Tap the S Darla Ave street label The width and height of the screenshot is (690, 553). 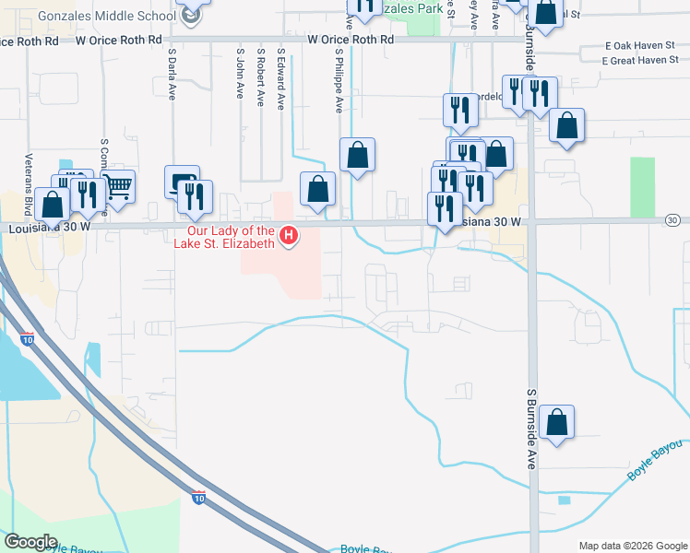pos(171,75)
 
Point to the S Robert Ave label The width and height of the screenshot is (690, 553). pos(261,78)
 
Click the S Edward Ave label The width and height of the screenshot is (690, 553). pos(281,78)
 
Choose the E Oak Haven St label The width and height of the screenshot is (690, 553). pos(641,45)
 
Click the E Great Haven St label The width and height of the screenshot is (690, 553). pos(639,60)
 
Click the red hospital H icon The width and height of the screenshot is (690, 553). pos(290,237)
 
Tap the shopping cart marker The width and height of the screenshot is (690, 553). pos(117,187)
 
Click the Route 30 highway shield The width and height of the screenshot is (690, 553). pos(673,220)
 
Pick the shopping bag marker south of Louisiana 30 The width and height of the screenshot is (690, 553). pos(556,423)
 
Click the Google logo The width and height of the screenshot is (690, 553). pos(30,541)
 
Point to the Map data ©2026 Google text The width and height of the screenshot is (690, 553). pos(632,546)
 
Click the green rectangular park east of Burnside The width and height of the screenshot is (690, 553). pos(642,186)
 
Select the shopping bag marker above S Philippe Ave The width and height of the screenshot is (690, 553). pos(357,156)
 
